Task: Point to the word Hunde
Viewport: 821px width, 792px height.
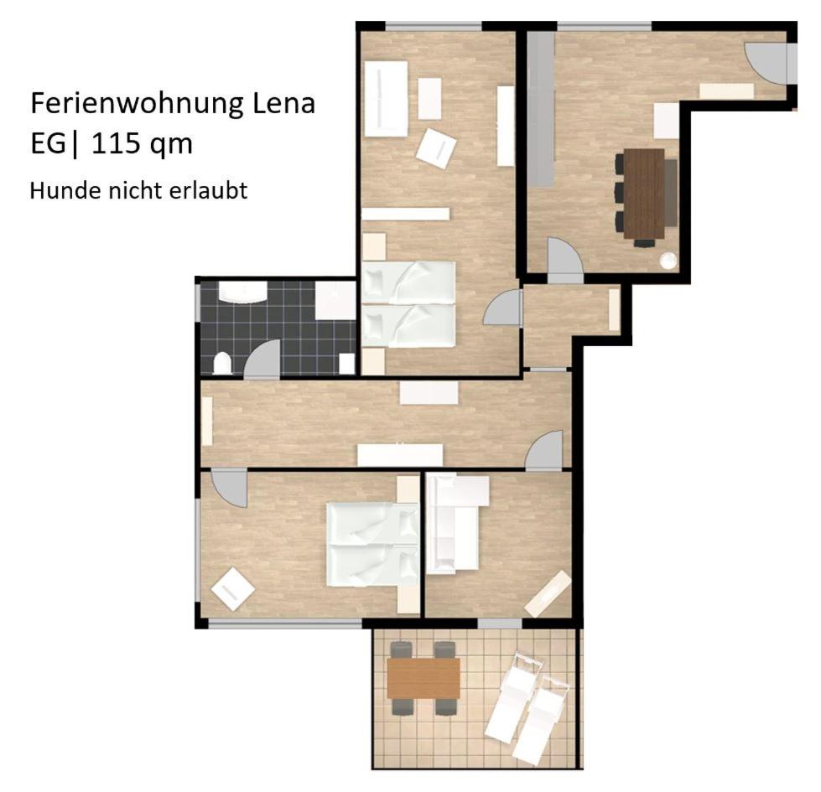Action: click(x=65, y=191)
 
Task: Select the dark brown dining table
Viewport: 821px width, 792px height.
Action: click(x=643, y=194)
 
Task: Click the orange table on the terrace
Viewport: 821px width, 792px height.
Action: click(x=423, y=678)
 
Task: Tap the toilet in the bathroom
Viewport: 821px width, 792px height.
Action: click(x=222, y=363)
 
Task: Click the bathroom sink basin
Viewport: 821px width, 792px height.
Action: click(x=242, y=292)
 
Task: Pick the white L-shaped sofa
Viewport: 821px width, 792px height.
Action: click(x=455, y=523)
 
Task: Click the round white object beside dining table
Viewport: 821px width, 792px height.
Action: click(x=668, y=261)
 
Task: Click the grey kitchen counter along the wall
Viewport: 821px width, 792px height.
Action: click(x=540, y=109)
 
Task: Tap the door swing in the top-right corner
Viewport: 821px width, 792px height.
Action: click(x=769, y=62)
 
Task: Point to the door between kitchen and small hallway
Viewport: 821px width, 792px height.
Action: click(x=564, y=260)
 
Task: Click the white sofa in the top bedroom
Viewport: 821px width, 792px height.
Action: click(x=386, y=99)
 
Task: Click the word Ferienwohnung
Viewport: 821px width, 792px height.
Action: click(x=138, y=103)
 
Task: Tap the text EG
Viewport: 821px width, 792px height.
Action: click(x=48, y=143)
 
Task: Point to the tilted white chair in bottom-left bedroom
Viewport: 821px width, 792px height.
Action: click(x=232, y=589)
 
